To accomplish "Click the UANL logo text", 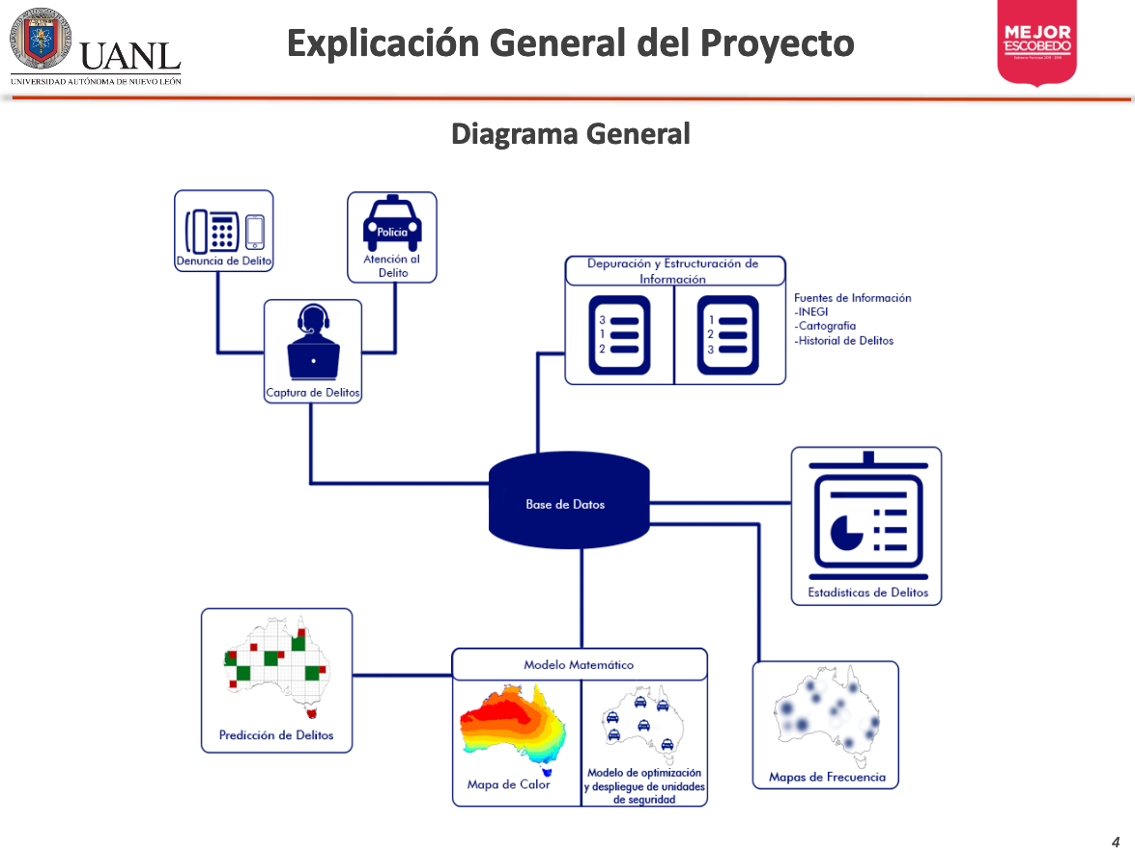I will (x=130, y=56).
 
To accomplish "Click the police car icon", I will (x=391, y=224).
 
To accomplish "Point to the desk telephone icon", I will (x=212, y=230).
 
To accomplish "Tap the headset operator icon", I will (x=313, y=344).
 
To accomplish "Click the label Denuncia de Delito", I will (x=223, y=261).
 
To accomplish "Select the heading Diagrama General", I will (x=570, y=134).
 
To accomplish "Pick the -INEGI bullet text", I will (x=811, y=312).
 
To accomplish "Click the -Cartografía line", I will (x=825, y=326).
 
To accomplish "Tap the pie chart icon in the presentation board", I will (x=845, y=529).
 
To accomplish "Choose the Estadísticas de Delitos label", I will (x=867, y=593).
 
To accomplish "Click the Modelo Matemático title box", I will (x=579, y=664).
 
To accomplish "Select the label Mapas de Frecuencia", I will (x=826, y=777).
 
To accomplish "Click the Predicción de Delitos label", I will (x=276, y=735).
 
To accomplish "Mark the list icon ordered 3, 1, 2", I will (x=619, y=334).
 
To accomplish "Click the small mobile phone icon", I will (x=254, y=231).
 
